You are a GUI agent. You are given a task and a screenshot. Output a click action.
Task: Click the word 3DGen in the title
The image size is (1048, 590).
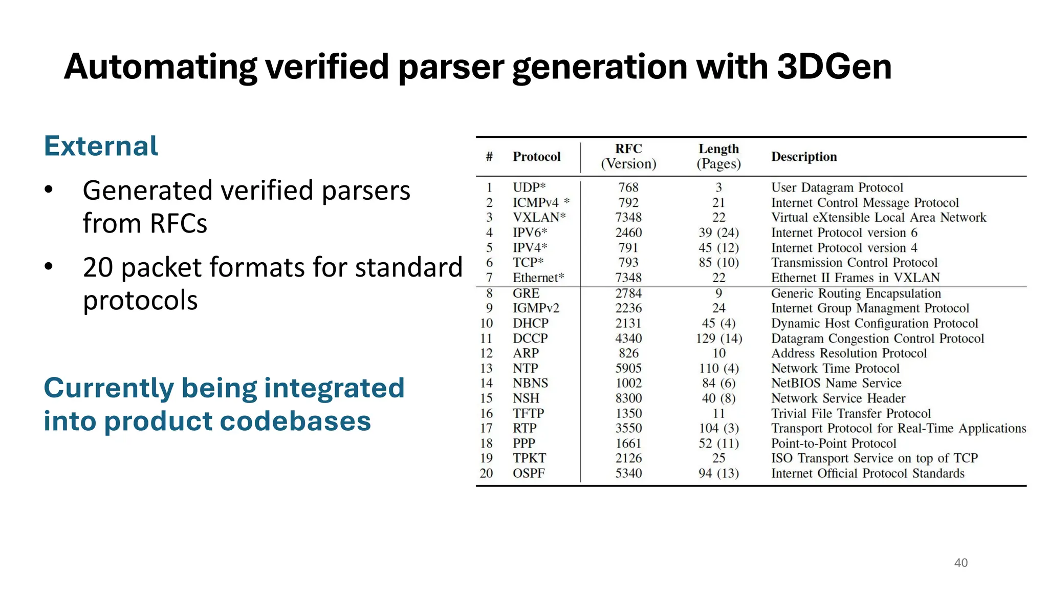click(834, 67)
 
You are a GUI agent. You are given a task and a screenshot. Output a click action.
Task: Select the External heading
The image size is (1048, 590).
click(101, 146)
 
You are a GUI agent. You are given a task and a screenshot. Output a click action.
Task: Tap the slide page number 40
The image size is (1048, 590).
click(960, 562)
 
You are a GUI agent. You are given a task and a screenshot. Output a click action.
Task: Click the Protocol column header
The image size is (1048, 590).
click(536, 157)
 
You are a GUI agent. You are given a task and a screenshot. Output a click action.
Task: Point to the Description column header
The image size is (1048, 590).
click(804, 157)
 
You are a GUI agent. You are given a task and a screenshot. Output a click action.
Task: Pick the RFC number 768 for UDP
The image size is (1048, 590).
click(628, 187)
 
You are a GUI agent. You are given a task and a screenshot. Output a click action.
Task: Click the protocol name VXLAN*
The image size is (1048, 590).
click(539, 217)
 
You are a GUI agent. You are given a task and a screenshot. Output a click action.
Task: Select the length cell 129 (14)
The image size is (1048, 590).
click(718, 339)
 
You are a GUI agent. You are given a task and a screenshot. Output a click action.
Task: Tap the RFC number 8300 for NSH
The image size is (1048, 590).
click(628, 398)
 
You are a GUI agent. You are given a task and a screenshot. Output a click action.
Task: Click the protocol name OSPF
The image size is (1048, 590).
click(529, 473)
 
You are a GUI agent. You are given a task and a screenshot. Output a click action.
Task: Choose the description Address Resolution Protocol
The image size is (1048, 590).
click(848, 353)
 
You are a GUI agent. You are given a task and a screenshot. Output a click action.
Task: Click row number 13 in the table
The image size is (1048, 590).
click(486, 368)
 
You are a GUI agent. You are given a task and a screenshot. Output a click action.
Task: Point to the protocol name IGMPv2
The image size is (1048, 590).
click(536, 308)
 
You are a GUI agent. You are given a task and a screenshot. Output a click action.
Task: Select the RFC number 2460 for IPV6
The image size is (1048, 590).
click(628, 233)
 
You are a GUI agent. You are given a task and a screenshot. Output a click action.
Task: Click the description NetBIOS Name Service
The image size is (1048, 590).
click(836, 383)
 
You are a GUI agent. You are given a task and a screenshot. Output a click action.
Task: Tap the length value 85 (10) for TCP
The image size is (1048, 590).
click(718, 263)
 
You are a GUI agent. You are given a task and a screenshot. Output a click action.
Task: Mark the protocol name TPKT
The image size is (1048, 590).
click(529, 458)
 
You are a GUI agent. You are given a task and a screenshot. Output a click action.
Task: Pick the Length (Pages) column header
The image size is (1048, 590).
click(718, 156)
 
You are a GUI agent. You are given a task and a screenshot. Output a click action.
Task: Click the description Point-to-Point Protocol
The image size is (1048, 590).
click(834, 444)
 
